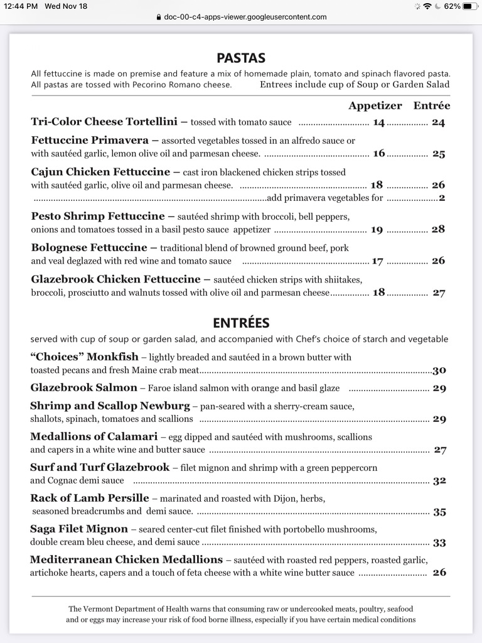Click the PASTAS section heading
[x=241, y=58]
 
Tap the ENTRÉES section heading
[x=241, y=323]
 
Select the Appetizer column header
[x=375, y=105]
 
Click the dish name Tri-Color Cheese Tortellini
[x=104, y=122]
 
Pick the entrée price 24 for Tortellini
[x=438, y=122]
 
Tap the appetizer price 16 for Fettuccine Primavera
[x=379, y=153]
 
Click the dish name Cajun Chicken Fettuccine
[x=100, y=171]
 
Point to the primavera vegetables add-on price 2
[x=442, y=198]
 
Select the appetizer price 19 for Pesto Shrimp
[x=377, y=230]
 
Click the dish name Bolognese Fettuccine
[x=89, y=247]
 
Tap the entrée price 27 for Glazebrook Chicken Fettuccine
[x=439, y=293]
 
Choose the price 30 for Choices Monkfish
[x=439, y=370]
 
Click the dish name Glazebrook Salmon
[x=83, y=387]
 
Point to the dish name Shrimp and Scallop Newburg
[x=110, y=406]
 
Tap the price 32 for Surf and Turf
[x=439, y=481]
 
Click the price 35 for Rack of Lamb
[x=439, y=512]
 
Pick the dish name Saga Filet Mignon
[x=79, y=529]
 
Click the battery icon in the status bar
[x=471, y=6]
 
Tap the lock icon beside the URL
[x=159, y=17]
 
